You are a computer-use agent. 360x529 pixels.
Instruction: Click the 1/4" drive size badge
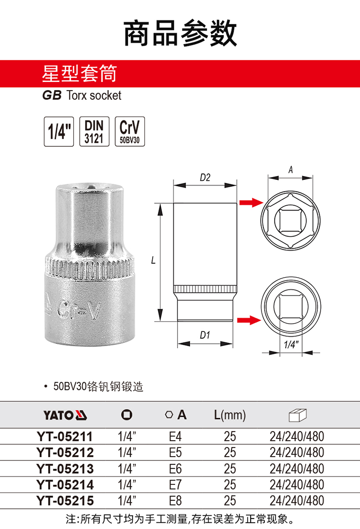click(59, 131)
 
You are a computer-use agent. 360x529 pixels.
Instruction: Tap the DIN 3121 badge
click(94, 131)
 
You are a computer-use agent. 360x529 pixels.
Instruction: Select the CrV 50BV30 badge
click(130, 131)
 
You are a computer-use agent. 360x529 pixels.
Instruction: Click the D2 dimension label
click(205, 177)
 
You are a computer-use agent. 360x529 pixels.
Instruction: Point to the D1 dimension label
click(204, 335)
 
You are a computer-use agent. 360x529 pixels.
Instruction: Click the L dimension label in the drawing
click(153, 260)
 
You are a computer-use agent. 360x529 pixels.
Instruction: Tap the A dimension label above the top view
click(290, 170)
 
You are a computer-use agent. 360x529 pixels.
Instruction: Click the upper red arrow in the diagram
click(251, 202)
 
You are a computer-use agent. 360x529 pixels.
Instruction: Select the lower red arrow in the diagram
click(249, 320)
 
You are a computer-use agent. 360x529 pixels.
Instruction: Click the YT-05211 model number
click(64, 436)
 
